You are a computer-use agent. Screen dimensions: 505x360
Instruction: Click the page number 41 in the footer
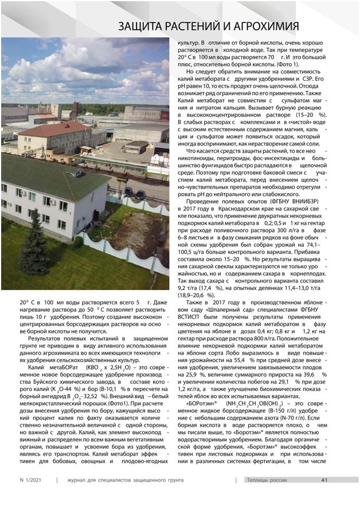click(324, 480)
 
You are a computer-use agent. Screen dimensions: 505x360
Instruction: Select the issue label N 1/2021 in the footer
click(30, 480)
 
